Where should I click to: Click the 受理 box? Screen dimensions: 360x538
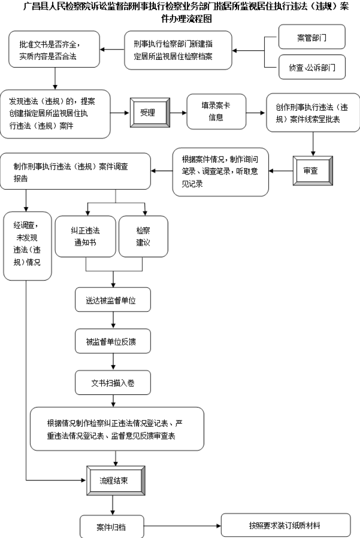coord(150,112)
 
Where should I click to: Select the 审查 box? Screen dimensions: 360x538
coord(313,170)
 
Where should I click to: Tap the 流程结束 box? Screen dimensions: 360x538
coord(116,480)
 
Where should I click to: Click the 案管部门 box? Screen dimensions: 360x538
coord(311,37)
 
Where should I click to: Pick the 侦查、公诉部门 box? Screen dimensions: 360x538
coord(311,67)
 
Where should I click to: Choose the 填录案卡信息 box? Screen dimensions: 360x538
coord(216,112)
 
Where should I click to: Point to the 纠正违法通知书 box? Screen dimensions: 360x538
coord(85,237)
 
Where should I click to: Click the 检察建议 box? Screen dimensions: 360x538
coord(143,237)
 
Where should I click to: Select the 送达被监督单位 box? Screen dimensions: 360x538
coord(112,300)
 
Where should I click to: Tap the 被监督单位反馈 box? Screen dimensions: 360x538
coord(112,341)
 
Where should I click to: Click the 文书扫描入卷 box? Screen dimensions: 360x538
coord(112,382)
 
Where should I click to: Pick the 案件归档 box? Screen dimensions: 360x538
coord(112,527)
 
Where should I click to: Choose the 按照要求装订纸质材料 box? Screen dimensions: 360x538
coord(286,525)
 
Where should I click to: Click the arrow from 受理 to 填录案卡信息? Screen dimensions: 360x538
coord(179,112)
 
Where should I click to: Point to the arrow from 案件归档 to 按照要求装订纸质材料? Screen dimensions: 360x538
coord(183,526)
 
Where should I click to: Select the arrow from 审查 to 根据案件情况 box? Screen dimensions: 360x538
coord(281,171)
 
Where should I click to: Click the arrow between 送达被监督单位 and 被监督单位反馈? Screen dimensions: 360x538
coord(113,320)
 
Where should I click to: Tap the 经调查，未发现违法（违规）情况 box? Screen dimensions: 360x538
coord(27,246)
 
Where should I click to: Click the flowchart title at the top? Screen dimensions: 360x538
coord(186,12)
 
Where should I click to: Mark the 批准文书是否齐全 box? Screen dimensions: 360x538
coord(54,49)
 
